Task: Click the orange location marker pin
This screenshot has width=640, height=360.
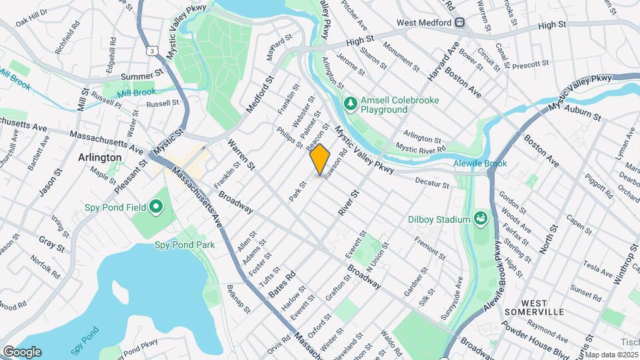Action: pyautogui.click(x=320, y=159)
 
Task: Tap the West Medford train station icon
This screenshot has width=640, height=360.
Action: pyautogui.click(x=460, y=23)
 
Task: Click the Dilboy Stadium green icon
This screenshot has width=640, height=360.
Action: pyautogui.click(x=480, y=219)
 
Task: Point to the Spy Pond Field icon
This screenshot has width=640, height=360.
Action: pyautogui.click(x=156, y=207)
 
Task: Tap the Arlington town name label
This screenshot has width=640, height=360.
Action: pyautogui.click(x=100, y=157)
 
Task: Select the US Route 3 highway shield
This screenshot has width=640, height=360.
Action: pyautogui.click(x=154, y=50)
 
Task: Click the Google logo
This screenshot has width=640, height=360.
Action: pyautogui.click(x=21, y=351)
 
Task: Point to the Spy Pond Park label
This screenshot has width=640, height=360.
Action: pyautogui.click(x=185, y=245)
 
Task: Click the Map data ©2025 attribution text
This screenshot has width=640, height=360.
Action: pyautogui.click(x=611, y=355)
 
